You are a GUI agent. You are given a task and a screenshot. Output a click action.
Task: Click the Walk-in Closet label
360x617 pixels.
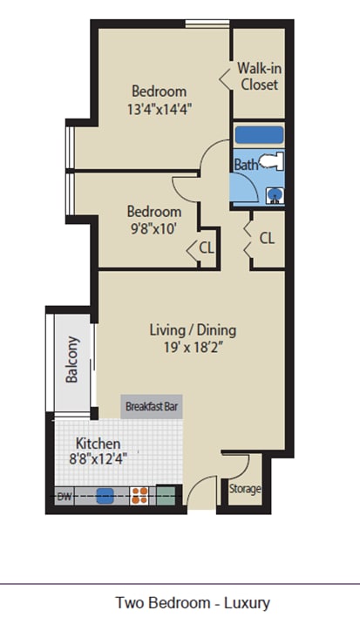click(x=259, y=77)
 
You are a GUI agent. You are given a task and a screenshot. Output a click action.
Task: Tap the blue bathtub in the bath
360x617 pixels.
click(x=259, y=135)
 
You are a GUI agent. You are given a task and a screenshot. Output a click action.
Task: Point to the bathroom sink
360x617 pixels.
click(x=275, y=195)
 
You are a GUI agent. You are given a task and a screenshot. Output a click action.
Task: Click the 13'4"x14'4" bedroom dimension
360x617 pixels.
click(x=160, y=109)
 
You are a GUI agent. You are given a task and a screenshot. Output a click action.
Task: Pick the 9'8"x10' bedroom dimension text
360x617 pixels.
click(x=153, y=228)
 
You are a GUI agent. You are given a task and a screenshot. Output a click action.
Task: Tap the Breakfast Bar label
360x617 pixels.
click(x=152, y=406)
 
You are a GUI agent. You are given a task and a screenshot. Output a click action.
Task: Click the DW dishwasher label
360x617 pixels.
click(x=65, y=496)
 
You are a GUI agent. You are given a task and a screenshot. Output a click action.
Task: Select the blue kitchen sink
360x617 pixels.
click(x=105, y=496)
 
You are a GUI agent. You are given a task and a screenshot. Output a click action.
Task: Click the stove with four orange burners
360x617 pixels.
click(x=139, y=496)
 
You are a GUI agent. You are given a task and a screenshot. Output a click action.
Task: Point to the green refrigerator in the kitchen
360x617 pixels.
click(x=166, y=496)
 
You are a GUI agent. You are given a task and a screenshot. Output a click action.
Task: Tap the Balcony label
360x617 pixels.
click(x=72, y=359)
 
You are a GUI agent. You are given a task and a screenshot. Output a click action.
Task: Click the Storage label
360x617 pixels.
click(x=245, y=489)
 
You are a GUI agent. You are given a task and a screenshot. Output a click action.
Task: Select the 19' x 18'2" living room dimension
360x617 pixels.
click(x=194, y=348)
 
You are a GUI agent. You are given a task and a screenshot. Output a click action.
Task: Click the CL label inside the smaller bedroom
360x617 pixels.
click(x=207, y=247)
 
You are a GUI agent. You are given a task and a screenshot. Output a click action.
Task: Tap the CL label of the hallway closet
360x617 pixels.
click(x=267, y=238)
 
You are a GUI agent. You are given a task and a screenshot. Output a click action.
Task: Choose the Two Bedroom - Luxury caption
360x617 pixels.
click(x=193, y=602)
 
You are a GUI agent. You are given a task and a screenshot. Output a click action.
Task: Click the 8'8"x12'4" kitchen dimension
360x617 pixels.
click(x=98, y=459)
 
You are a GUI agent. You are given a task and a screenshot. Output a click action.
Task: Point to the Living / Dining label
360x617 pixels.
click(x=193, y=329)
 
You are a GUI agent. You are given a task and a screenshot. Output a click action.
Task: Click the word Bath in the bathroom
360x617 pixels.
click(x=247, y=164)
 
